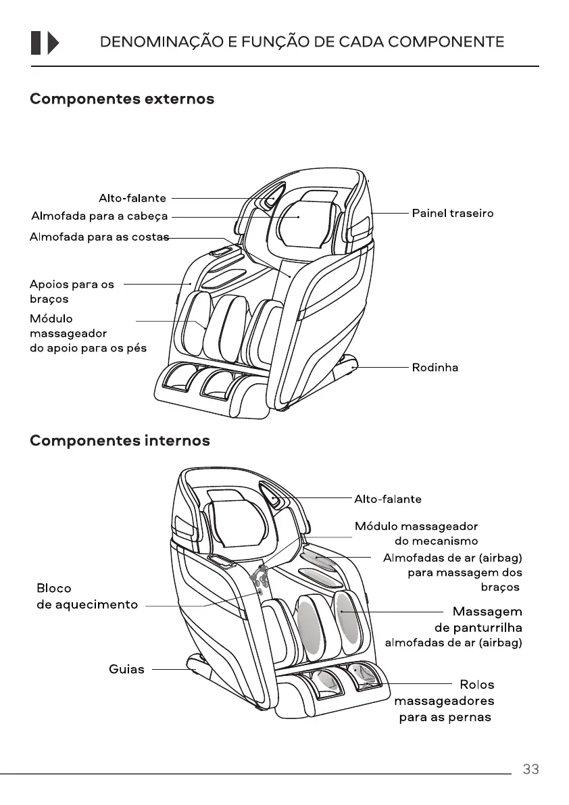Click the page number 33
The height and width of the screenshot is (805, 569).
530,769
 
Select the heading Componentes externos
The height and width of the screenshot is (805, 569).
122,99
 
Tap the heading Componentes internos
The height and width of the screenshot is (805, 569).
120,441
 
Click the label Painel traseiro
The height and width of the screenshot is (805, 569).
453,214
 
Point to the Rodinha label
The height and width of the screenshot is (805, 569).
435,368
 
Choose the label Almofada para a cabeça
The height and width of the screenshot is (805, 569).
99,217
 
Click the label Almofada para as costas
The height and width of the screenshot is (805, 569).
99,237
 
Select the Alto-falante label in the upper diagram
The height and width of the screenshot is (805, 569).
132,198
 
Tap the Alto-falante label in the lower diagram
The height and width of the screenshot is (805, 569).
388,499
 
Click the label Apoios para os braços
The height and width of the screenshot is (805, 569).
72,291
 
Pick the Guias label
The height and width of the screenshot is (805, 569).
126,669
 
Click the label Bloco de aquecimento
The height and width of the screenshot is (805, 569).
86,596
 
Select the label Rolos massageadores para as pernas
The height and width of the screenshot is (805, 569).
445,701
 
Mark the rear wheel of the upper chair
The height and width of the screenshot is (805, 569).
353,365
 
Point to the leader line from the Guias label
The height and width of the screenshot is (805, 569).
169,669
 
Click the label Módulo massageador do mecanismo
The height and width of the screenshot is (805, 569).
416,533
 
